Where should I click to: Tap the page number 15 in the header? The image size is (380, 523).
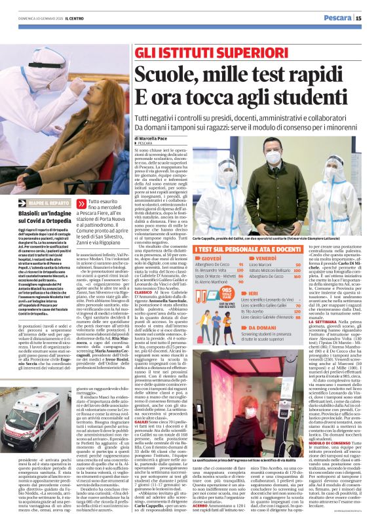pyautogui.click(x=368, y=18)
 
